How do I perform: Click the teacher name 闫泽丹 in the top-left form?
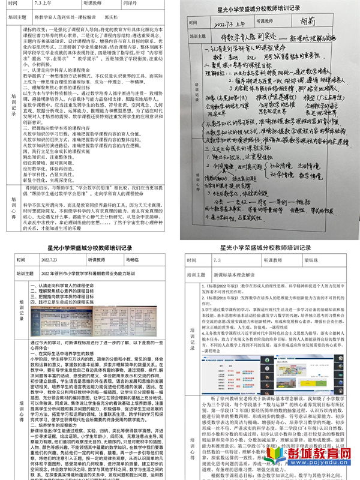click(x=148, y=5)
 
